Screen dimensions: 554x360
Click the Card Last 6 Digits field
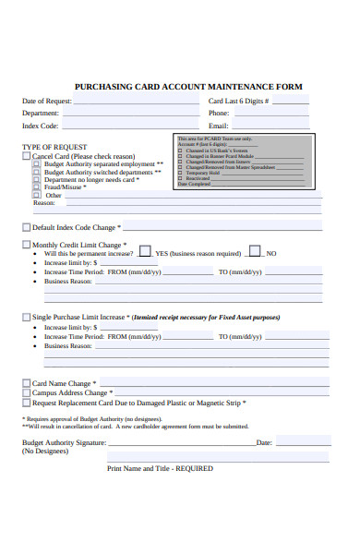291,102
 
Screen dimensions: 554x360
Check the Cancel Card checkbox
26,156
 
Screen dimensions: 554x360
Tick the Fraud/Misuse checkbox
37,187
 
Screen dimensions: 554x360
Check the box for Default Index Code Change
26,226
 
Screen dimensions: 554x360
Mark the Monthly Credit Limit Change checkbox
26,245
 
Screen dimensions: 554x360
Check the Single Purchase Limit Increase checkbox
26,317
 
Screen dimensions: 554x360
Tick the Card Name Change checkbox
26,382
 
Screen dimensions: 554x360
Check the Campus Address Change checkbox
26,392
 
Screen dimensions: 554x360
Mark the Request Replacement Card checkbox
26,403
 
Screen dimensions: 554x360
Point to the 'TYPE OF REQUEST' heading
54,147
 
